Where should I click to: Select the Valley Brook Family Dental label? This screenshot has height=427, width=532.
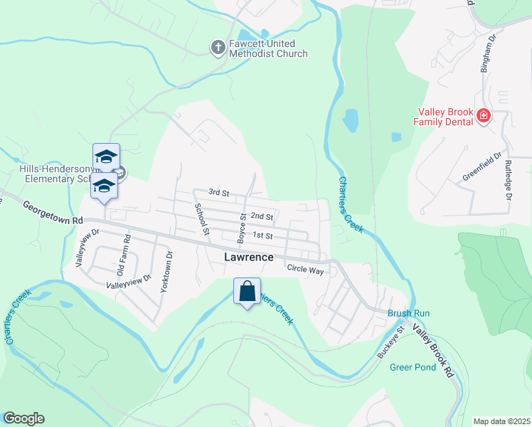pos(445,116)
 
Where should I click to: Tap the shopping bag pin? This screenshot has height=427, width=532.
pos(247,291)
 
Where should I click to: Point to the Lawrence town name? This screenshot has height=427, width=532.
pos(249,257)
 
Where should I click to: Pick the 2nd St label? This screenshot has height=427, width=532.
pos(262,216)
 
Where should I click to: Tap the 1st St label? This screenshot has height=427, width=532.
pos(263,236)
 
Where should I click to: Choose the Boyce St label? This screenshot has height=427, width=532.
pos(243,226)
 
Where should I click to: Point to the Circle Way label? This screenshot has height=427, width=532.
pos(305,270)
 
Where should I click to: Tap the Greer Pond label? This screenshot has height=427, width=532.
pos(413,367)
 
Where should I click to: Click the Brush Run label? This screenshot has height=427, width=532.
pos(408,313)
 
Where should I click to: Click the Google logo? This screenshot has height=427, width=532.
pos(23,418)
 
